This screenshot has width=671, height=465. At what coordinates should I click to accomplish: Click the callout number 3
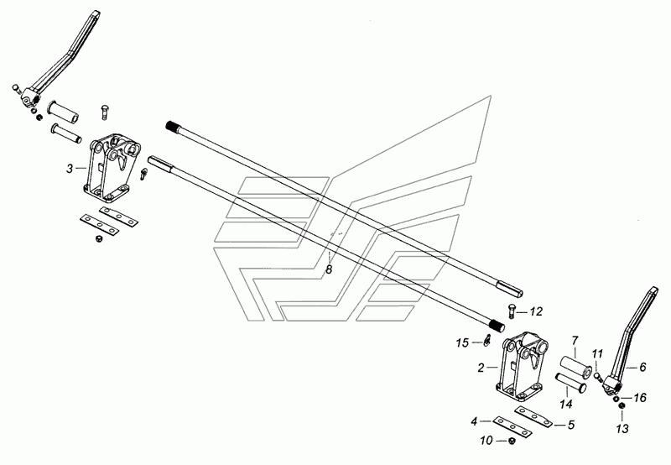point(70,169)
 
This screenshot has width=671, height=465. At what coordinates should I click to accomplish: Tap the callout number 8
point(329,269)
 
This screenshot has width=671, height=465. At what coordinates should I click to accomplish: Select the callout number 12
point(536,311)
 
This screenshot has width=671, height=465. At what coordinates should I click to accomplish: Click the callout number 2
point(481,368)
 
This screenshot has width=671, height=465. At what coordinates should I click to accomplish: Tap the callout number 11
point(597,354)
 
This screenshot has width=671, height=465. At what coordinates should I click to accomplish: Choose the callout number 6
point(642,367)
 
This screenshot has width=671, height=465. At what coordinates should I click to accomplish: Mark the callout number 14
point(565,404)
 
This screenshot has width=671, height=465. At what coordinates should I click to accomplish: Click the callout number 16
point(640,398)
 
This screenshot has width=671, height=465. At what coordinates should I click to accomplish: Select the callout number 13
point(622,428)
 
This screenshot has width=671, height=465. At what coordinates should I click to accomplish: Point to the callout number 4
point(474,421)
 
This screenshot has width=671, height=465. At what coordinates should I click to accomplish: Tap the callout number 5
point(571,426)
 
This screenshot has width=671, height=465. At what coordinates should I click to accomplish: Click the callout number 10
point(486,441)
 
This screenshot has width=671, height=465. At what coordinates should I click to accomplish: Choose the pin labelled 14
point(570,383)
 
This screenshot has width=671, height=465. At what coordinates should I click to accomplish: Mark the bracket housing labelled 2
point(522,366)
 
